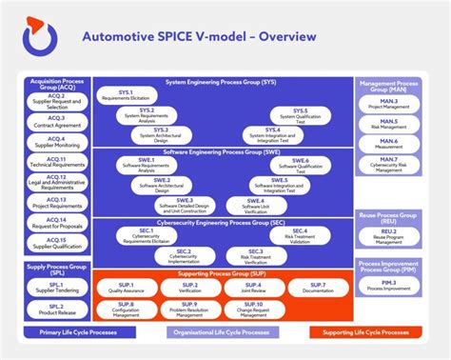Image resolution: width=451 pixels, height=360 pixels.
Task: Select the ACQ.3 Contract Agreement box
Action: [56, 122]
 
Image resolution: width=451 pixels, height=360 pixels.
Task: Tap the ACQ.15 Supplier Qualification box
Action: [56, 243]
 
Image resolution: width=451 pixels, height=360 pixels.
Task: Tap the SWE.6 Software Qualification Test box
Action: [301, 164]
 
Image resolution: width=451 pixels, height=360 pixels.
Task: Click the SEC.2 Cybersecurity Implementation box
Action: [183, 255]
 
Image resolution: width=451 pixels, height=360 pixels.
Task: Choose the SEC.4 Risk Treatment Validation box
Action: [300, 235]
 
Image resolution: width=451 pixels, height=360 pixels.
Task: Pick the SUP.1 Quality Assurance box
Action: [126, 287]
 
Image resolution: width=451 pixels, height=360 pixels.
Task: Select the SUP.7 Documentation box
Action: [317, 287]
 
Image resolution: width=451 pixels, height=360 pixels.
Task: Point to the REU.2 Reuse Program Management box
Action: [389, 235]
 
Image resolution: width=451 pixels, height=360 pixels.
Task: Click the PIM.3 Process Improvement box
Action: [389, 285]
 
